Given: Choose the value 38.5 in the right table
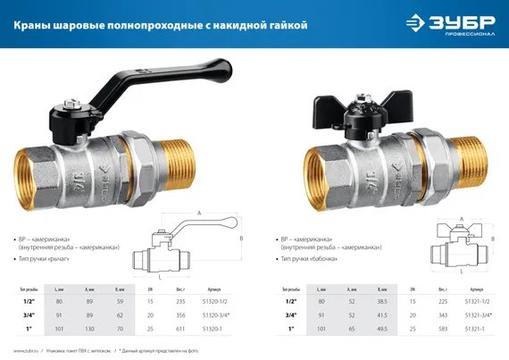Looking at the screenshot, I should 381,302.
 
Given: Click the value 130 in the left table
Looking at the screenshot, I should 89,330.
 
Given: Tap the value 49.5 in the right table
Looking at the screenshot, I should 381,330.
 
